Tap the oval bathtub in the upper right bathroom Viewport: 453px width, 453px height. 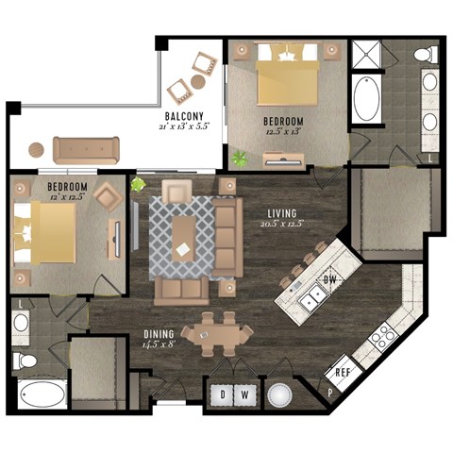[367, 98]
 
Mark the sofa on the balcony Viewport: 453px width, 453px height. [86, 148]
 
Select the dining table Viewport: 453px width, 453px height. [218, 333]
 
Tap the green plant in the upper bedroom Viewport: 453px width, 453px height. [239, 157]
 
